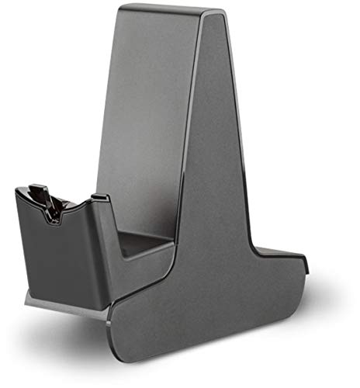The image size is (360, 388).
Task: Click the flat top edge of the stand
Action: (x=167, y=11)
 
